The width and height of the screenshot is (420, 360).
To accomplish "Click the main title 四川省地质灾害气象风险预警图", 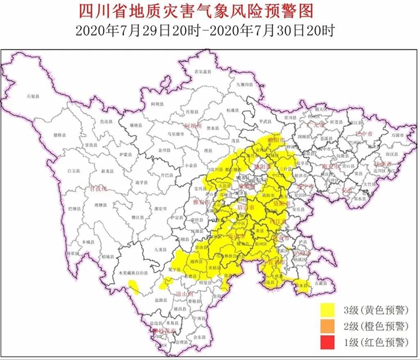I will tap(209, 11).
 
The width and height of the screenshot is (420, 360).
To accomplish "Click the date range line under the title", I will tap(209, 30).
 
